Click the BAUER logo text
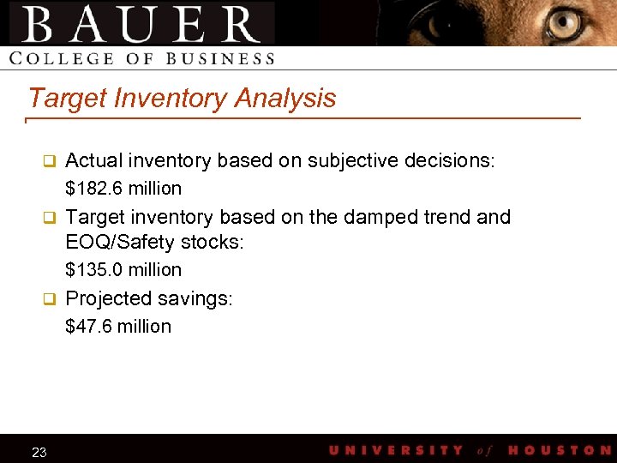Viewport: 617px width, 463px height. [142, 24]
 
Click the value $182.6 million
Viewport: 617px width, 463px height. [123, 188]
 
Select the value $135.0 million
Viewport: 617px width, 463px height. [123, 269]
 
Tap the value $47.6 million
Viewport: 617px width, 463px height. [118, 326]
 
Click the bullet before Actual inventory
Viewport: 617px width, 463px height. [50, 160]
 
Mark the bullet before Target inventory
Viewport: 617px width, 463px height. [50, 217]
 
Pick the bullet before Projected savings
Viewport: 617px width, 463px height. [50, 298]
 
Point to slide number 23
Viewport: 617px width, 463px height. [39, 452]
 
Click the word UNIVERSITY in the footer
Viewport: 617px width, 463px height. [396, 450]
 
